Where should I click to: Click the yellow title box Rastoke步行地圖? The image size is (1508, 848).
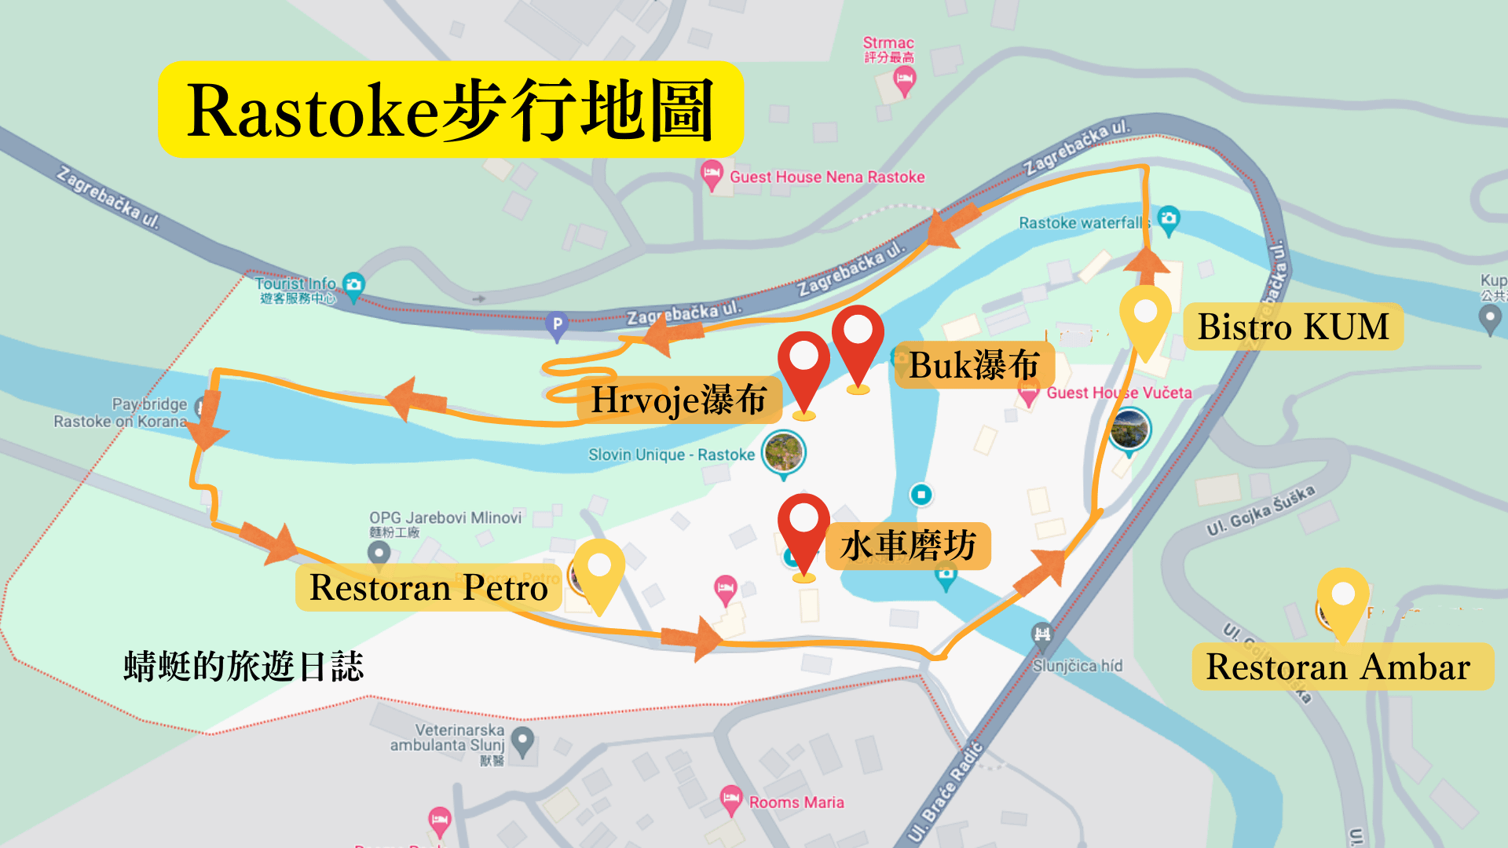coord(450,110)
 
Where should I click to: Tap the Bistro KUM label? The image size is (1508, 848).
coord(1293,327)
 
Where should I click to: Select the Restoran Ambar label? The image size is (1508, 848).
coord(1341,667)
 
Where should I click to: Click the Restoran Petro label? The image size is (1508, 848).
coord(428,587)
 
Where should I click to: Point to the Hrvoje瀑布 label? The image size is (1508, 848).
coord(679,400)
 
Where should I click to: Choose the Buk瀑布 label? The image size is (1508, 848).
coord(974,365)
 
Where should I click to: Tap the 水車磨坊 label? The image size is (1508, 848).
coord(908,546)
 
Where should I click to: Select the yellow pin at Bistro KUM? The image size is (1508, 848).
coord(1145,314)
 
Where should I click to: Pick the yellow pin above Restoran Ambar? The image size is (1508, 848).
coord(1343,597)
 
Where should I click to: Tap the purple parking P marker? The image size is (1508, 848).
coord(557,324)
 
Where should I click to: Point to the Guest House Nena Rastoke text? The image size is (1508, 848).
coord(827,177)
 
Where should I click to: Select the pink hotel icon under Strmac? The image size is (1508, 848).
coord(905,79)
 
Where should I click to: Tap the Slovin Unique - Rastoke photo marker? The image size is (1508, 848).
coord(783,453)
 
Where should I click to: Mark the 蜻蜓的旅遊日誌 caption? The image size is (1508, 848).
coord(243,667)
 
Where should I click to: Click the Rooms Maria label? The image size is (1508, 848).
coord(796,802)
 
